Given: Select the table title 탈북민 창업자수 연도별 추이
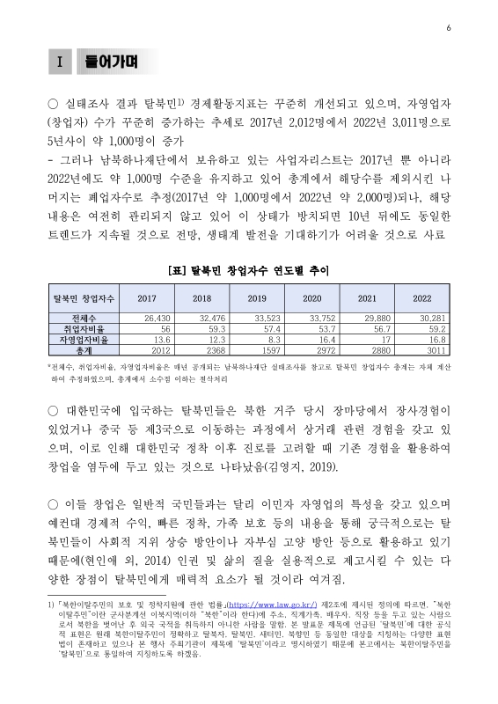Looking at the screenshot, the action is tap(249, 268).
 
